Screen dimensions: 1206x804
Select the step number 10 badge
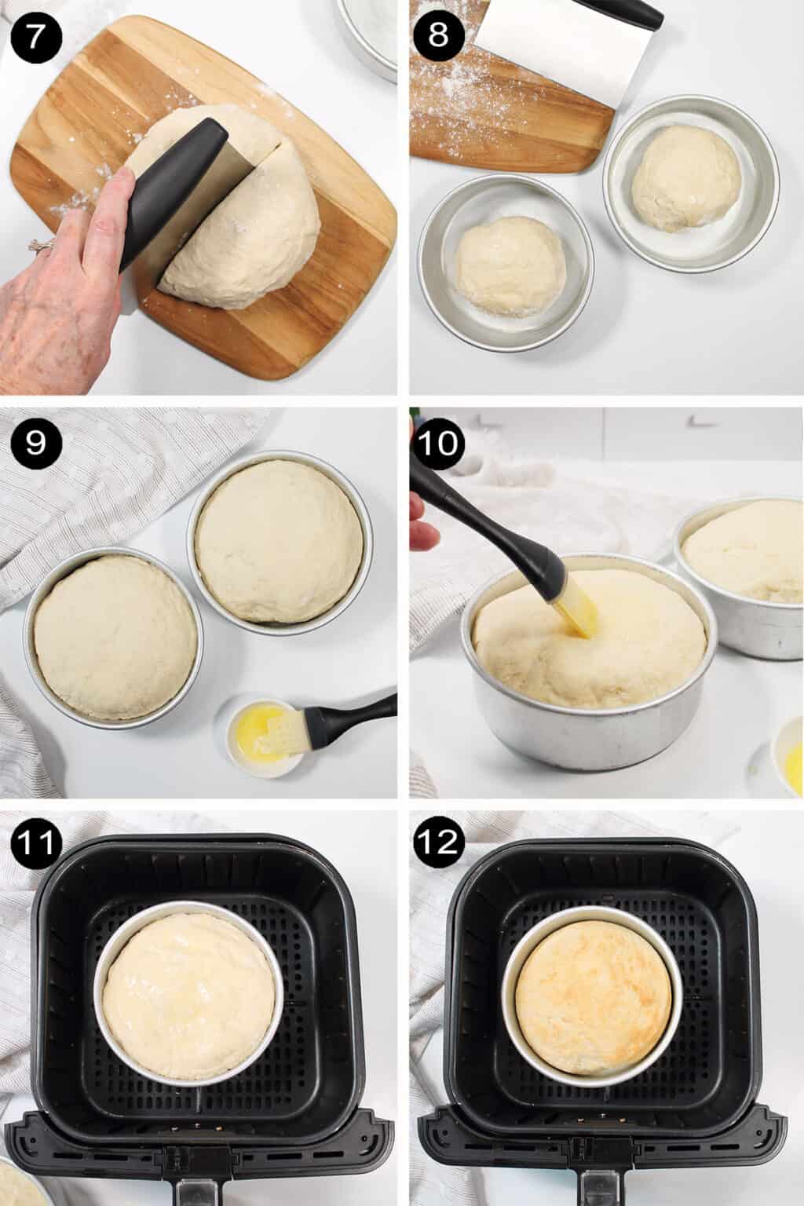point(440,444)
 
